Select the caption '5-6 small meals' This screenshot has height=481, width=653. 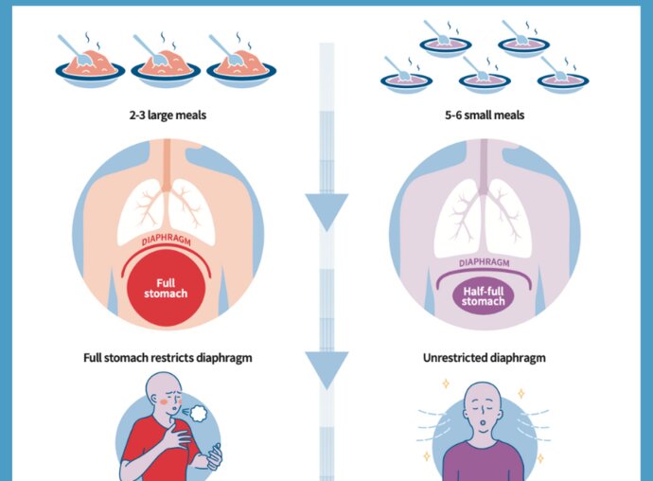coord(485,116)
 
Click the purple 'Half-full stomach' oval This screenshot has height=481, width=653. coord(485,295)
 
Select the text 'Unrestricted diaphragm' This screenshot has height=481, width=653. coord(485,359)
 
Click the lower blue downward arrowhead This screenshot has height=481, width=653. coord(326,369)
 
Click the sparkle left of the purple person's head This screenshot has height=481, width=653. coord(444,384)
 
